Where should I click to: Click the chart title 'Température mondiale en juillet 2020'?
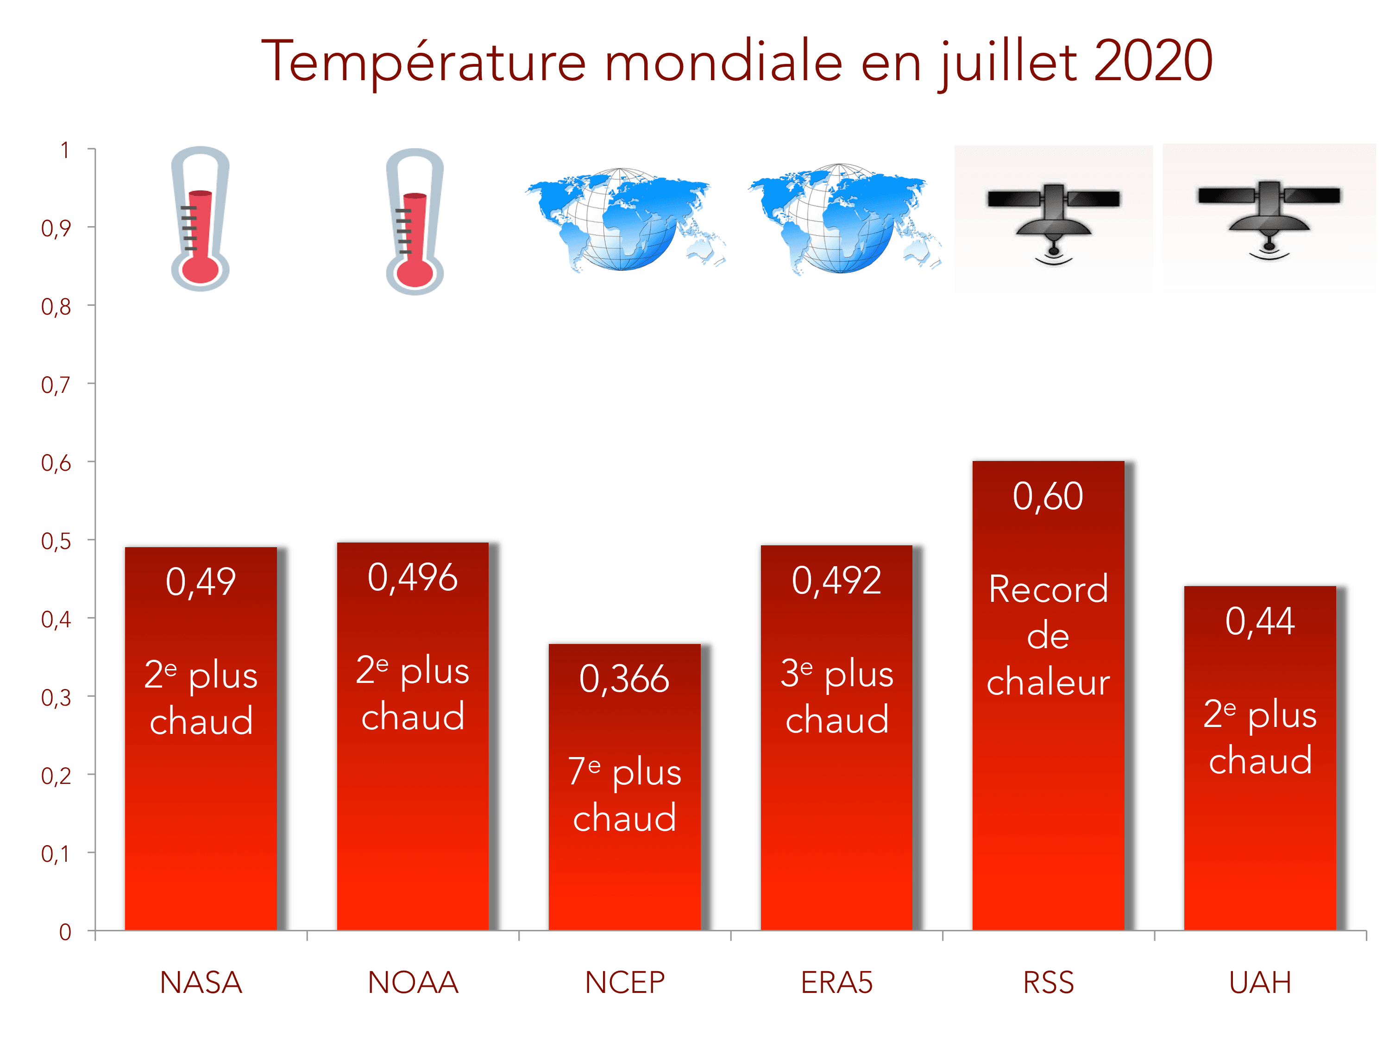pos(736,61)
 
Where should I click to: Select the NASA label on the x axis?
pos(201,982)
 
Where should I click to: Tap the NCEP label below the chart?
pos(625,982)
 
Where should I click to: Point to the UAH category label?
pos(1260,982)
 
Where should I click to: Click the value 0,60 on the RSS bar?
pos(1048,496)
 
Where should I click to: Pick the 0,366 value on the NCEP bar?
pos(625,679)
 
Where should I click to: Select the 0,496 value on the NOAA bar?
pos(413,577)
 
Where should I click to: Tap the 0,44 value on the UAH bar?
pos(1260,621)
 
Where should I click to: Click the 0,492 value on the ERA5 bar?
pos(836,581)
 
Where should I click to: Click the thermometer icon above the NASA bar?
pos(200,219)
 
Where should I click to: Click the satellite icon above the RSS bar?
pos(1053,220)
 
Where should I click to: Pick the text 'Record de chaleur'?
pos(1048,636)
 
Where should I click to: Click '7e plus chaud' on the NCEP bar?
pos(625,795)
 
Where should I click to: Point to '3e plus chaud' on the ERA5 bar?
pos(836,696)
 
